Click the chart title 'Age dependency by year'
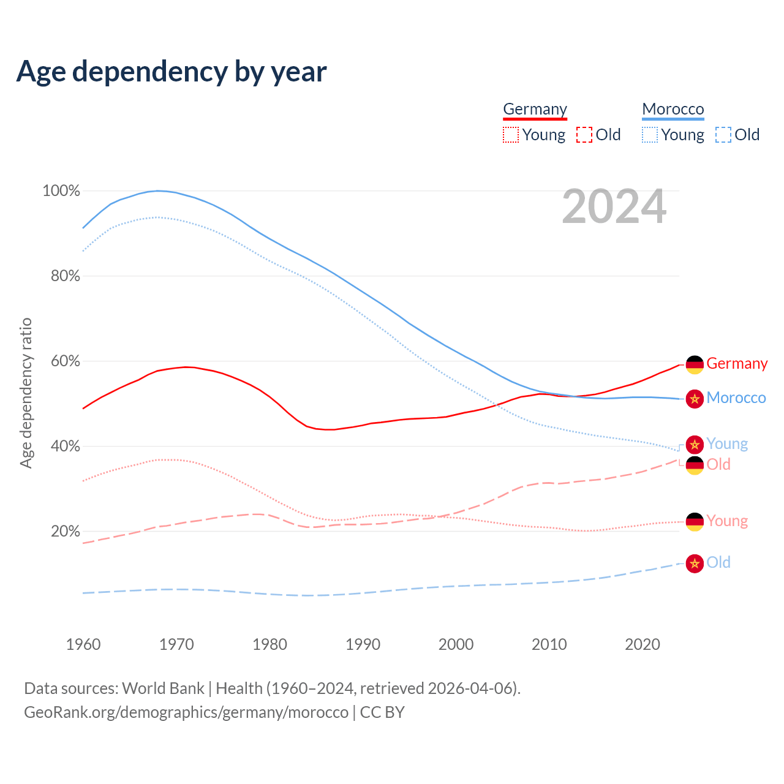(171, 72)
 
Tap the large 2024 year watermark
(614, 207)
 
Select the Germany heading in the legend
(535, 109)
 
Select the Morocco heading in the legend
(673, 109)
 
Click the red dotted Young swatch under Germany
(510, 135)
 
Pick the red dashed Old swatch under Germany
(584, 135)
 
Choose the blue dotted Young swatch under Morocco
(649, 135)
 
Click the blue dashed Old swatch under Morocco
(723, 135)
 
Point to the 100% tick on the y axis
(61, 191)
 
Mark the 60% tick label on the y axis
(65, 361)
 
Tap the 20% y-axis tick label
(65, 532)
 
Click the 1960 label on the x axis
(83, 644)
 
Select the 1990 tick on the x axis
(363, 644)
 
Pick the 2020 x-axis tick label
(642, 644)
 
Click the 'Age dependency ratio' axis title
(26, 393)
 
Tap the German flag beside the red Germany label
(695, 364)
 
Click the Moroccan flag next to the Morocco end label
(695, 399)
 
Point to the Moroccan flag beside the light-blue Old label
(695, 563)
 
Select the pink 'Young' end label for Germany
(727, 521)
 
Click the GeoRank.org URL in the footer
(186, 712)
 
